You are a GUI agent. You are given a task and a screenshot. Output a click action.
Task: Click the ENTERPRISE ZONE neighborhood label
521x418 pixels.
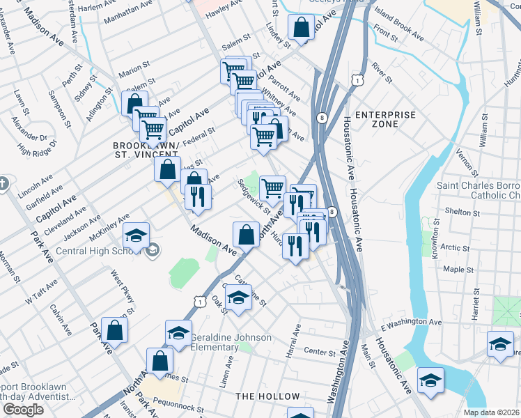(x=385, y=119)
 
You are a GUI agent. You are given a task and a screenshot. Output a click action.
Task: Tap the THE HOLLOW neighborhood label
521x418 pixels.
(x=267, y=396)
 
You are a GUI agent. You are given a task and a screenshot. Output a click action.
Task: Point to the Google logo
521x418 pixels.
(x=23, y=410)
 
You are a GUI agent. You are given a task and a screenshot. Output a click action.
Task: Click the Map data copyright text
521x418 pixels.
(x=492, y=412)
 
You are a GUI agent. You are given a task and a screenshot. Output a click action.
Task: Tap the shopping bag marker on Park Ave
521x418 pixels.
(x=114, y=330)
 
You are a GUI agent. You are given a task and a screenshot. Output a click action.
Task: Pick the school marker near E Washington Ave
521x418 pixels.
(x=500, y=343)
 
